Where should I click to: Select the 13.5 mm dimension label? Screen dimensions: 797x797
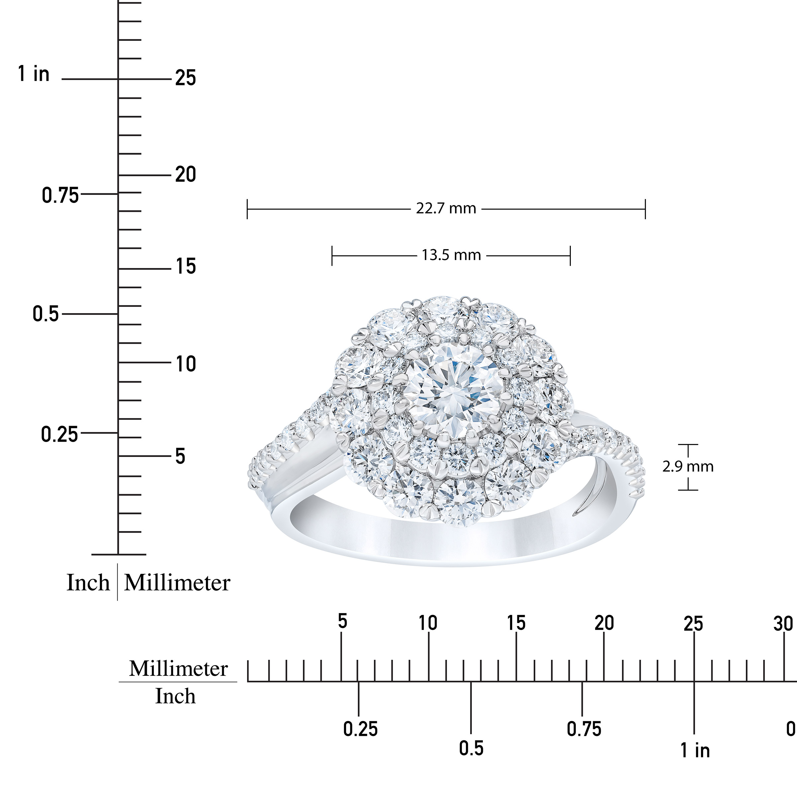click(451, 255)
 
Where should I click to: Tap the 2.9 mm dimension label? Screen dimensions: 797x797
click(688, 467)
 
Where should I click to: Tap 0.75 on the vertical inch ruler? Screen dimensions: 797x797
click(60, 195)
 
